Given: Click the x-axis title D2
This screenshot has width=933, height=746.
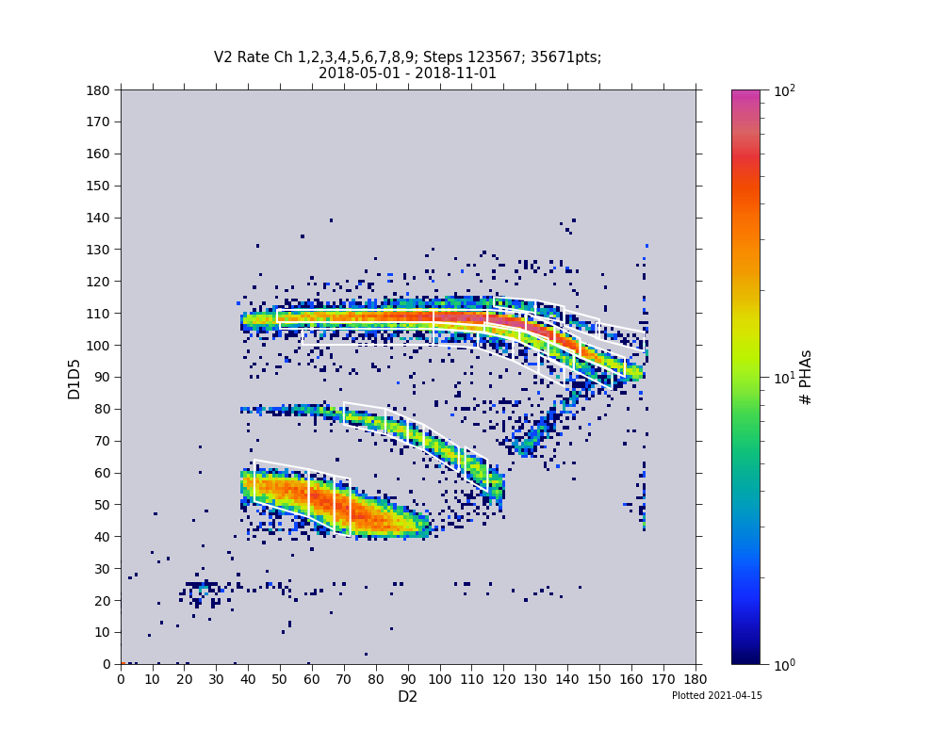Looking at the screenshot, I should pyautogui.click(x=407, y=697).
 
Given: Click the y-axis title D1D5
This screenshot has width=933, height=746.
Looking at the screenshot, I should pyautogui.click(x=74, y=377).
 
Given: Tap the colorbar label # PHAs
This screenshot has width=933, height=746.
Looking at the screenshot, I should pyautogui.click(x=806, y=377).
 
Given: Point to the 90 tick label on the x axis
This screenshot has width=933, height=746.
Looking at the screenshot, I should pyautogui.click(x=407, y=678).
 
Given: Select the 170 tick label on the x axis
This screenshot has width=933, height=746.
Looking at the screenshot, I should pyautogui.click(x=663, y=678).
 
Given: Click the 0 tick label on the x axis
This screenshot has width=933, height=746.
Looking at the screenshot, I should pyautogui.click(x=121, y=678).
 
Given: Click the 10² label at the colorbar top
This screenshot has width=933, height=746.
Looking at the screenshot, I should pyautogui.click(x=784, y=90).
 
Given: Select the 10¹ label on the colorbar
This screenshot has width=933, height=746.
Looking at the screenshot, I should pyautogui.click(x=784, y=377).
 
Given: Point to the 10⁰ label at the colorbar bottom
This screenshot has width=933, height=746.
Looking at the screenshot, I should pyautogui.click(x=784, y=664).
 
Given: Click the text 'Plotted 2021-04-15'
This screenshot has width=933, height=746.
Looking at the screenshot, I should pyautogui.click(x=716, y=696).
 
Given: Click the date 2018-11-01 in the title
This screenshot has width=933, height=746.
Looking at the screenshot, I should pyautogui.click(x=457, y=73).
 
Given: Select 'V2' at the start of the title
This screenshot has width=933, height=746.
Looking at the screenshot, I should pyautogui.click(x=223, y=57).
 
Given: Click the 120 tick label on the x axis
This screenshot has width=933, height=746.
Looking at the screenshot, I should pyautogui.click(x=503, y=678).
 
